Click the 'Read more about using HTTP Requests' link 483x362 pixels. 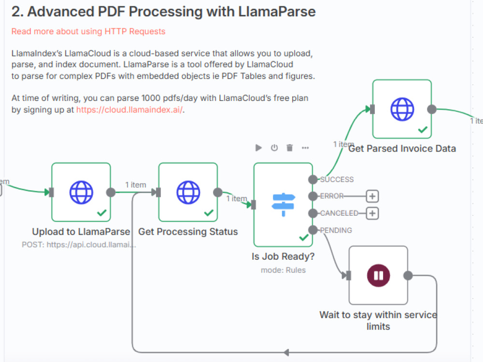click(88, 31)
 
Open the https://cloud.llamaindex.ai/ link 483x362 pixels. click(129, 109)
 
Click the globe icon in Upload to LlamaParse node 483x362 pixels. click(81, 192)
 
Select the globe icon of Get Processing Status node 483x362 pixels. click(188, 192)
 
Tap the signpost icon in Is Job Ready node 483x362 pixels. click(283, 204)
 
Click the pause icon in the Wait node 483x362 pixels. click(378, 276)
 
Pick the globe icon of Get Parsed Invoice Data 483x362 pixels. click(402, 109)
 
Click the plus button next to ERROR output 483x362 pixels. click(372, 196)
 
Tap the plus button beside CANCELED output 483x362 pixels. click(372, 213)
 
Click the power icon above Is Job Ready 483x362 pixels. click(274, 148)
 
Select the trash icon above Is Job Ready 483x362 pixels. click(290, 148)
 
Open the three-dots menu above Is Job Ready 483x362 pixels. click(305, 148)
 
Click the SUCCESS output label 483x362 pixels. click(337, 180)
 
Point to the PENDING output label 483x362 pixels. click(336, 230)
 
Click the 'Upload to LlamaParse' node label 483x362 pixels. click(81, 232)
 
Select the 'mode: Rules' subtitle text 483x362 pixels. click(283, 270)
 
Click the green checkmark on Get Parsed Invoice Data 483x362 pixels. click(423, 130)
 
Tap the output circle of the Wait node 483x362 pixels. click(408, 276)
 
